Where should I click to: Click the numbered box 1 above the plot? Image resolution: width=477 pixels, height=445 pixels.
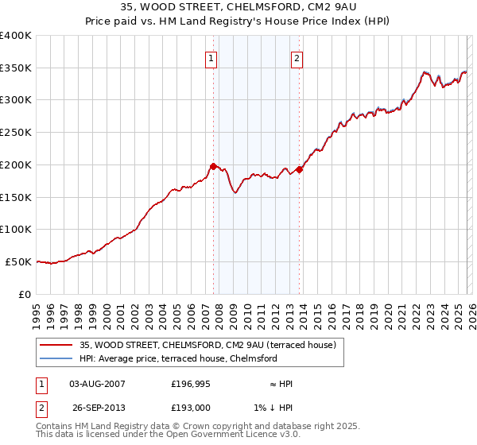click(212, 57)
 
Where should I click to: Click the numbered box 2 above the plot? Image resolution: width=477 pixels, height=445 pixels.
click(297, 57)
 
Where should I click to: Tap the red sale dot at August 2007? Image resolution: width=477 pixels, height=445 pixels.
click(213, 166)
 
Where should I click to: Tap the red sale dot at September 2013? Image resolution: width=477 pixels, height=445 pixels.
click(299, 168)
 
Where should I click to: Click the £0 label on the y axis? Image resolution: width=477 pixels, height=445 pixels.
click(25, 294)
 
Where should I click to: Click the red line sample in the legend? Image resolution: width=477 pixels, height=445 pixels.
click(56, 345)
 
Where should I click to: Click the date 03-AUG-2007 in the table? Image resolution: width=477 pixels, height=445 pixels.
click(97, 384)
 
